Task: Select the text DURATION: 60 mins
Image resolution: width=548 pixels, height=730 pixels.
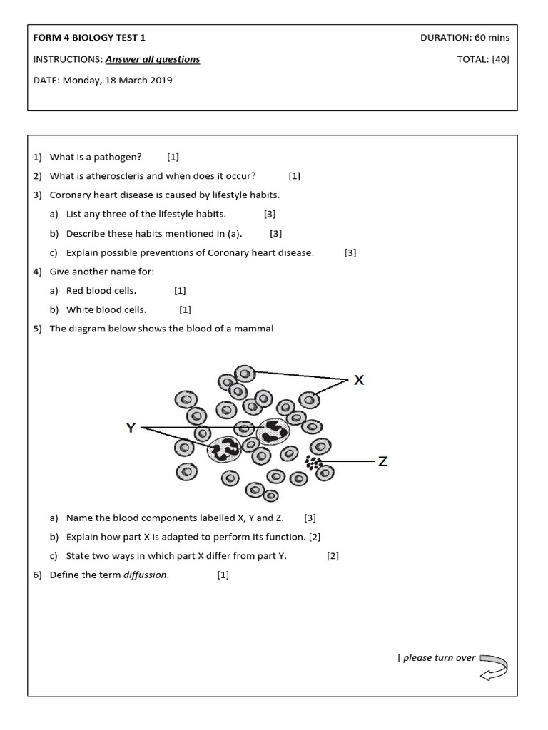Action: (x=465, y=38)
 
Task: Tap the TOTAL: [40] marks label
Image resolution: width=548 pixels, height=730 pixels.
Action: (x=483, y=59)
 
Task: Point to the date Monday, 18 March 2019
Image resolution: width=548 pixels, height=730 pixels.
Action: (x=118, y=80)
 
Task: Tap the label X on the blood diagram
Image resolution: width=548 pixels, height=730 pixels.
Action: (x=359, y=380)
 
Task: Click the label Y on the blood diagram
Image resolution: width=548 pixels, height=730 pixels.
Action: (x=131, y=428)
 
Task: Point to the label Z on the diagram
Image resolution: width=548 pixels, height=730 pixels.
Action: (x=383, y=461)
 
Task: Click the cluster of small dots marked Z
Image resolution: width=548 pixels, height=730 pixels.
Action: (x=314, y=462)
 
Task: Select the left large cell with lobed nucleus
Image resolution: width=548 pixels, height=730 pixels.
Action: (x=227, y=449)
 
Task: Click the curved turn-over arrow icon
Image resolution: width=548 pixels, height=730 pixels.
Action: (x=494, y=666)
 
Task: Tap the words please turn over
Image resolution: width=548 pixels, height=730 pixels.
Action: (x=439, y=657)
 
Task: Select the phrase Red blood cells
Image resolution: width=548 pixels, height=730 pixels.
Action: (x=101, y=290)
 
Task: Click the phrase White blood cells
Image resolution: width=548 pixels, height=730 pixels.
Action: (x=106, y=309)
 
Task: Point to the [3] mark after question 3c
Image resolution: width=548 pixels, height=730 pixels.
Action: (x=350, y=252)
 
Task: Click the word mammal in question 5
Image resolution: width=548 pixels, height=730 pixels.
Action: (x=257, y=329)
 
